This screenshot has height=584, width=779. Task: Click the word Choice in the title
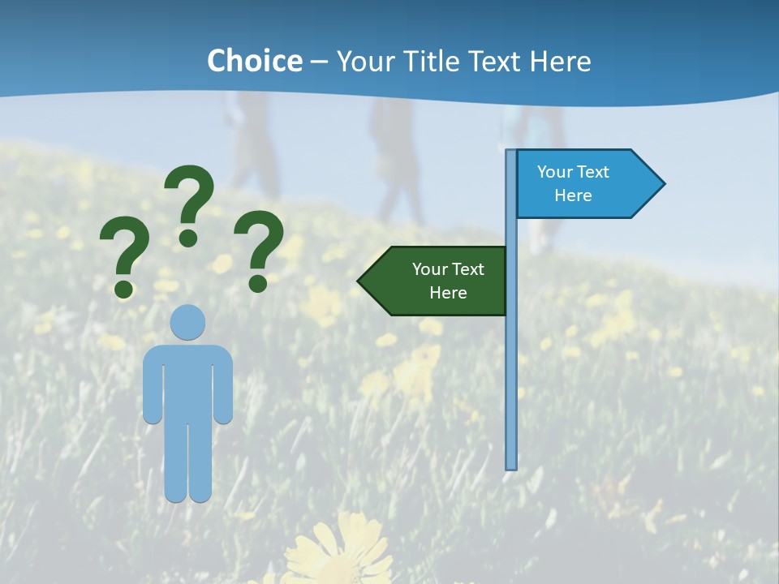point(254,62)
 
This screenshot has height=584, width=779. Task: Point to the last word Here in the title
point(560,62)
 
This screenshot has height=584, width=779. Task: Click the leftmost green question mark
point(123,255)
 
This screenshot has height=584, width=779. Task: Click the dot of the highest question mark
point(188,238)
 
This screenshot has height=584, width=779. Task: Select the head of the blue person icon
point(188,322)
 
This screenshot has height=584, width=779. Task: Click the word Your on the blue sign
point(555,172)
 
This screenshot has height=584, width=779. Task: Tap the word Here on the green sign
point(448,293)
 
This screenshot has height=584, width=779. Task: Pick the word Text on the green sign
point(467,269)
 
